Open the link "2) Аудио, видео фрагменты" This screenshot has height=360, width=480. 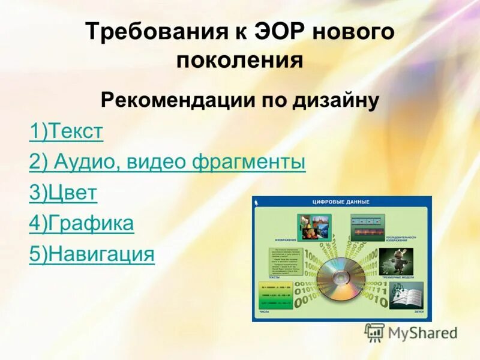(x=167, y=162)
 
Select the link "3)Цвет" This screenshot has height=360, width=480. (x=62, y=193)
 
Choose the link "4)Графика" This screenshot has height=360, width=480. (x=81, y=224)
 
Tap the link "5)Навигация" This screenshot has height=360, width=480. (x=91, y=254)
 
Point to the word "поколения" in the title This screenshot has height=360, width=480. (x=239, y=61)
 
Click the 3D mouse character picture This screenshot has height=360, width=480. (x=398, y=259)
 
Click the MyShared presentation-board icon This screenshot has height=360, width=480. (x=374, y=331)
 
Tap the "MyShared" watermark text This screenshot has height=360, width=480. (x=422, y=332)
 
